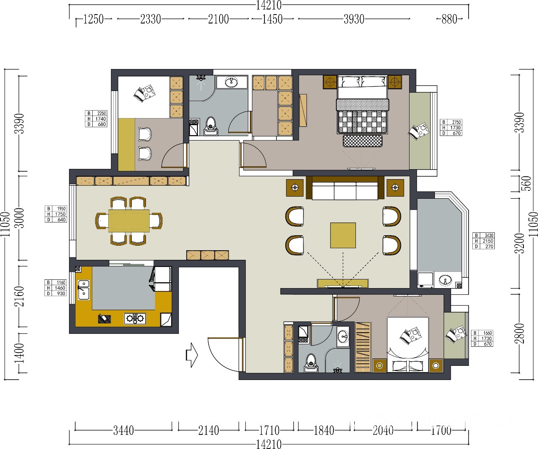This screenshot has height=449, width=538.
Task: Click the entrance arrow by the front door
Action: pos(192,355)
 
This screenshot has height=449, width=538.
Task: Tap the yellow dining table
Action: pos(129,221)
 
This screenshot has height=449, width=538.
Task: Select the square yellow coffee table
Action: pos(343,235)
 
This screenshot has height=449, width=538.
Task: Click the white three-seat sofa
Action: pos(345,191)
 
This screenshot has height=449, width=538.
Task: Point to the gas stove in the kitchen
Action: pos(135,318)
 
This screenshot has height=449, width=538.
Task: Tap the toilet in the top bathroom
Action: pos(211,126)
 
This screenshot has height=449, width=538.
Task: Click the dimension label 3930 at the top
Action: pos(354,19)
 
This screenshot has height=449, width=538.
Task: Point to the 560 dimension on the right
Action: pos(527,183)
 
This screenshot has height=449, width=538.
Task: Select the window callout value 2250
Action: pos(101,113)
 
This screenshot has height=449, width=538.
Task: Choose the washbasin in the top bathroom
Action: pos(232,82)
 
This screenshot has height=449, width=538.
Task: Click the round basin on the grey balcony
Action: pos(445,280)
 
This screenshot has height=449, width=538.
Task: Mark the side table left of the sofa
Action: pos(295,188)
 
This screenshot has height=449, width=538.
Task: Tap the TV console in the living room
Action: pos(343,283)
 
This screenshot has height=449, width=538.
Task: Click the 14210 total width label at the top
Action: pos(269,5)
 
